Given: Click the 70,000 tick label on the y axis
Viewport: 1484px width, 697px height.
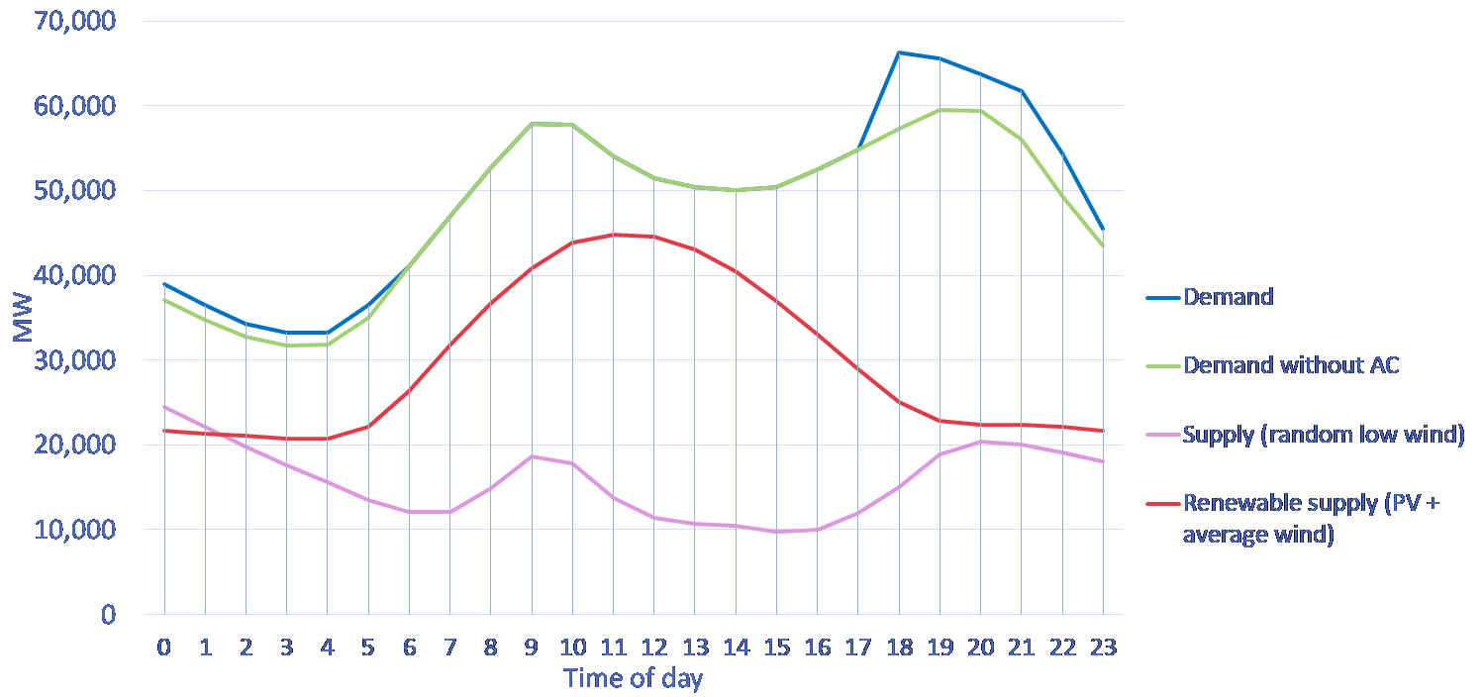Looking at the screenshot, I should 74,20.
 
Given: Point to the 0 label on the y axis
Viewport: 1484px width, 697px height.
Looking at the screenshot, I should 108,614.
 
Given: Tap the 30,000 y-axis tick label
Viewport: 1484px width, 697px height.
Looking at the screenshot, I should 74,359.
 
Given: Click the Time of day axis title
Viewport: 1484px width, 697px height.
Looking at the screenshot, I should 633,679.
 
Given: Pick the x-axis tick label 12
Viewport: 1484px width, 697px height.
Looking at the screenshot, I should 653,647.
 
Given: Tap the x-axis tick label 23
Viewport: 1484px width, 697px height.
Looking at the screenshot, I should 1103,647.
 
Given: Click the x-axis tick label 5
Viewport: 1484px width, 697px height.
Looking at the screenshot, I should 368,647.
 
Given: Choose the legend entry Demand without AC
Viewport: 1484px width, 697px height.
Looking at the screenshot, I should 1291,365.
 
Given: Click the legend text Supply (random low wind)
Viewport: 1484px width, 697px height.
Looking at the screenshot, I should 1324,435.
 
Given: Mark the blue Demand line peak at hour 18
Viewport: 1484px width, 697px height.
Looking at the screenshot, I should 899,51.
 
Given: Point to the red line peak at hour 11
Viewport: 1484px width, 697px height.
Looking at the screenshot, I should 613,235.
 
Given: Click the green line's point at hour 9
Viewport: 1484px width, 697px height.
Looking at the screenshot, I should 532,124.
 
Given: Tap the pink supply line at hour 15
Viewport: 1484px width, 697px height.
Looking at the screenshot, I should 776,531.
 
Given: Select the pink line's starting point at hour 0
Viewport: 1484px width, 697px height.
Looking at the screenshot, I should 164,407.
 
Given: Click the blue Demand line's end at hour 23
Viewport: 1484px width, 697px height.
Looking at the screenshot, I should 1103,229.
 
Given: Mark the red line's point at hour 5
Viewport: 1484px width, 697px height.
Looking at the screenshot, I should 368,426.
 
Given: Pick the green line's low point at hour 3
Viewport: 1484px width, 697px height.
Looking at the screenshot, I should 287,345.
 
